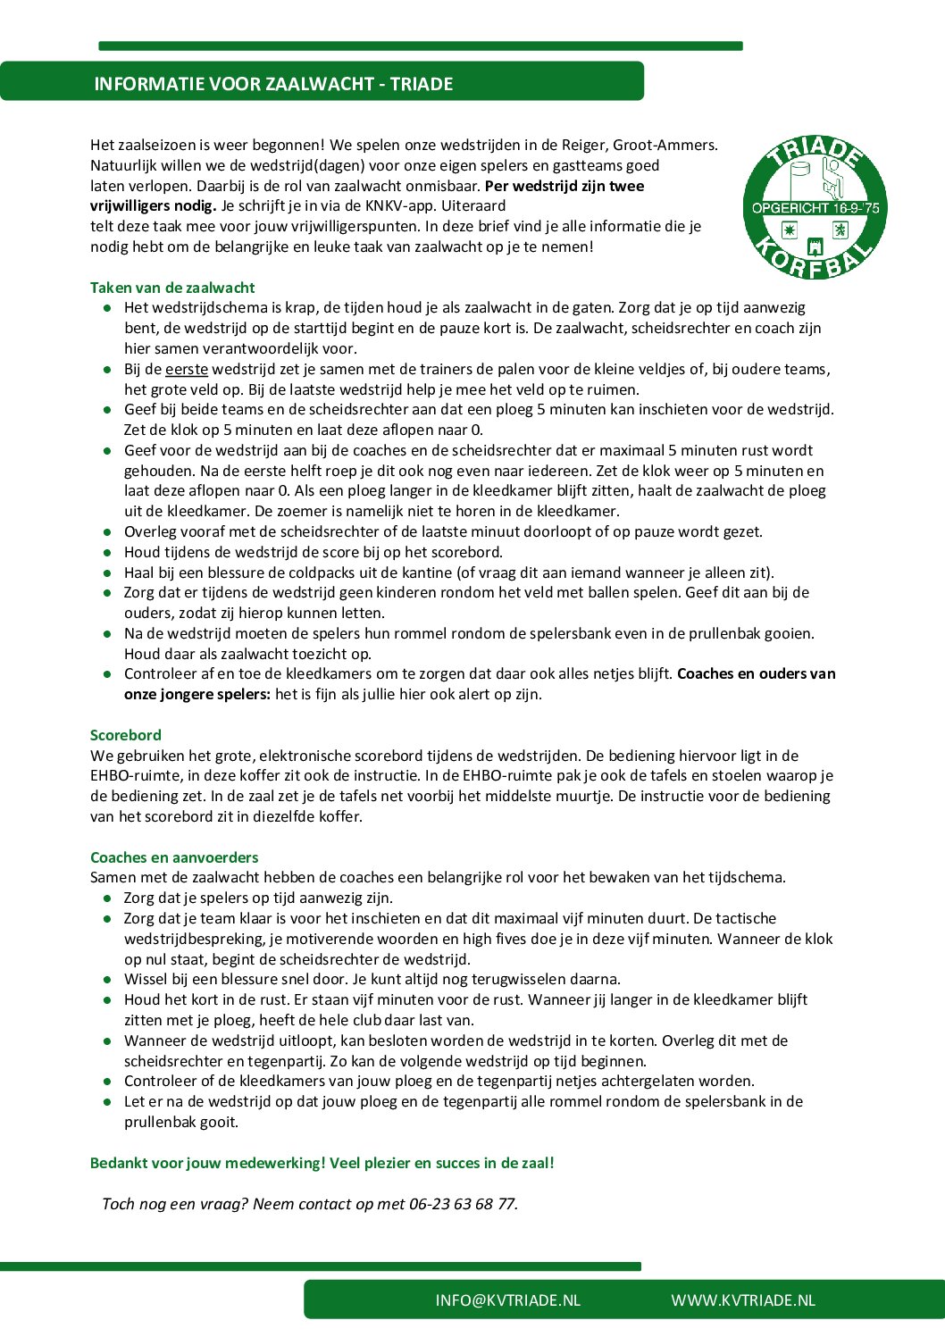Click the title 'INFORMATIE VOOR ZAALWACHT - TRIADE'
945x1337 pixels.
coord(273,84)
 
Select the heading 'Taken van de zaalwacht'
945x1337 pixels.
coord(172,288)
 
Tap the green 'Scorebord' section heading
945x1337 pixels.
coord(126,735)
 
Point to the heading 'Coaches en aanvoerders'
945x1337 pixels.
coord(174,857)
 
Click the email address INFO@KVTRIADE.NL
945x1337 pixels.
coord(507,1300)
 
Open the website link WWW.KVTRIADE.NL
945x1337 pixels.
coord(743,1300)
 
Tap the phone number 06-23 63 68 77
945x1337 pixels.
coord(462,1204)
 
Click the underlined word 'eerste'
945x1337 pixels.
coord(187,369)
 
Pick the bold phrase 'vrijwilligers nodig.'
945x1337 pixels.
coord(153,205)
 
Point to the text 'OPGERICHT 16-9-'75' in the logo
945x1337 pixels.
coord(815,208)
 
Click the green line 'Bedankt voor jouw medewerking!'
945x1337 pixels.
coord(207,1163)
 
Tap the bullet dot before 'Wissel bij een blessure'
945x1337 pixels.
coord(107,980)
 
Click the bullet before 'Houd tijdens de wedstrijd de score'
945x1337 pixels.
coord(107,553)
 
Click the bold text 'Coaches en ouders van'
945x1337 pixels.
coord(756,673)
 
